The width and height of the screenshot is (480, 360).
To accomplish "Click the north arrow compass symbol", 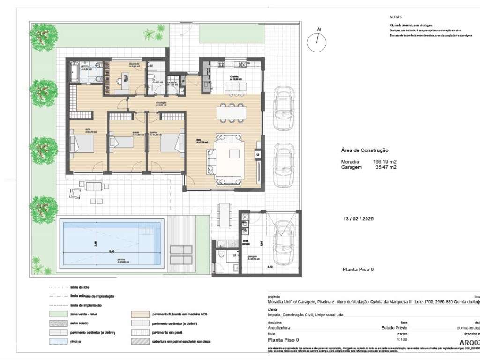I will click(317, 43).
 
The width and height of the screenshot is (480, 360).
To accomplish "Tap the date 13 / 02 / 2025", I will click(359, 219).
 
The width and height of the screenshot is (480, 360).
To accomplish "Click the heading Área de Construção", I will click(365, 150).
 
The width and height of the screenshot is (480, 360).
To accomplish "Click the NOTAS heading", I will click(396, 16).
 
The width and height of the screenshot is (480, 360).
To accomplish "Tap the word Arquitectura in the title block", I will click(278, 329).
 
